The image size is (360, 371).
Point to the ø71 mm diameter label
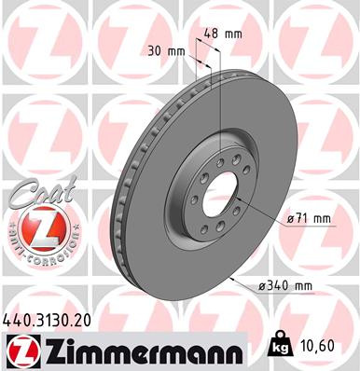308,218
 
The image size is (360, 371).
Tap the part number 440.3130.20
52,320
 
